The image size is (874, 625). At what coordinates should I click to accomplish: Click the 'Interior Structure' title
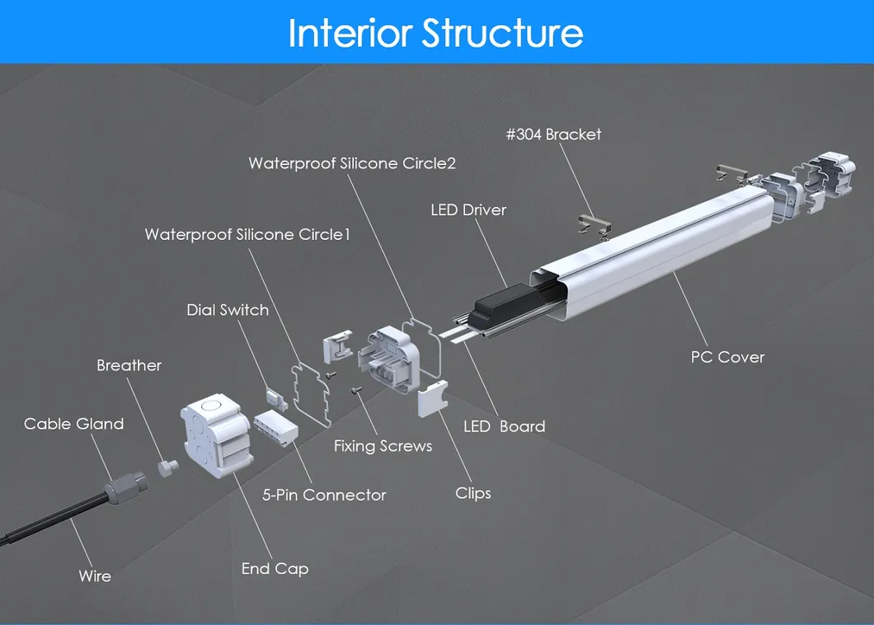point(436,33)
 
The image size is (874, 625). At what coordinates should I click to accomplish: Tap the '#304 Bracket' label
point(553,134)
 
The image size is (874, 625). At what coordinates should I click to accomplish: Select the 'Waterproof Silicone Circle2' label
point(352,163)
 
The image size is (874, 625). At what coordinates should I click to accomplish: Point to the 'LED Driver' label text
point(468,210)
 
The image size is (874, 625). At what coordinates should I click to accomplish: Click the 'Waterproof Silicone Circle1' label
point(247,235)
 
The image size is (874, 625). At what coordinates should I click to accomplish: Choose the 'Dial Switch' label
point(228,310)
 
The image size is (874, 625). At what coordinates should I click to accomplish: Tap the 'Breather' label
point(129,365)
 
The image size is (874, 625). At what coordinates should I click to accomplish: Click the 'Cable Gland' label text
point(73,424)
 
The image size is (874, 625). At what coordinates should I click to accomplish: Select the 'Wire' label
point(95,576)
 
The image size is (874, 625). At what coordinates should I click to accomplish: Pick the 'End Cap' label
point(275,569)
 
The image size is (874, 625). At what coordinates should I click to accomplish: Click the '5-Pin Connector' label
point(324,495)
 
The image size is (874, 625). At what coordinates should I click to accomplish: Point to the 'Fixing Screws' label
point(383,446)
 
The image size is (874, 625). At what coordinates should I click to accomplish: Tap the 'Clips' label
point(473,493)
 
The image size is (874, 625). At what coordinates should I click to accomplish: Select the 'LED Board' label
point(504,426)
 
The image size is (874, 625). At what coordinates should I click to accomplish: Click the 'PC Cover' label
point(727,357)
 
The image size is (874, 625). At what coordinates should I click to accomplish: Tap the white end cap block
point(214,433)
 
